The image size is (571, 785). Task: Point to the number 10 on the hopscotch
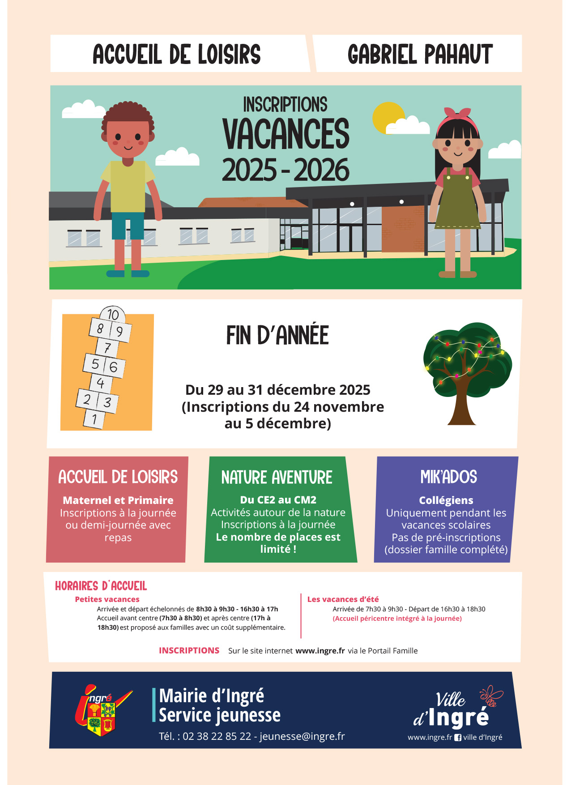click(x=113, y=314)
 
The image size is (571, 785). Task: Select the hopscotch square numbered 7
click(x=107, y=348)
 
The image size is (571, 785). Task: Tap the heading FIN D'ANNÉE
click(x=277, y=335)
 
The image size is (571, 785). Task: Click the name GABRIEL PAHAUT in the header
click(x=420, y=55)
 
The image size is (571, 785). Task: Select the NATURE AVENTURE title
click(x=277, y=478)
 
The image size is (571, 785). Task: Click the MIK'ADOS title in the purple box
click(x=448, y=477)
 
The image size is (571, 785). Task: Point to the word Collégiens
click(x=446, y=500)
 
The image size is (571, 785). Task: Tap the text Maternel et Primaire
click(x=118, y=500)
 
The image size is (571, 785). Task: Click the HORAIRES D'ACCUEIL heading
click(x=101, y=586)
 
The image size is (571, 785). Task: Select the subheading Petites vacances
click(x=107, y=599)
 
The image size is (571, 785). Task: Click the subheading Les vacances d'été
click(x=343, y=599)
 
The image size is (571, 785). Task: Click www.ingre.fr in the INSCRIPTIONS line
click(x=320, y=651)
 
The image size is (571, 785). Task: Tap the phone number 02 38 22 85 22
click(x=217, y=736)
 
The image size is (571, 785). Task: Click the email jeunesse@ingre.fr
click(x=302, y=736)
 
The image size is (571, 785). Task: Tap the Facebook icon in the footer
click(x=458, y=738)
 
